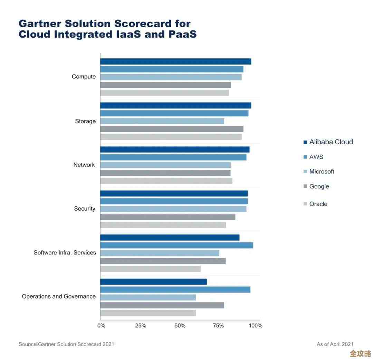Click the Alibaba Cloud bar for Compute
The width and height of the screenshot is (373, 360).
coord(175,61)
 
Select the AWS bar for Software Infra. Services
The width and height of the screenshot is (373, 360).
coord(176,245)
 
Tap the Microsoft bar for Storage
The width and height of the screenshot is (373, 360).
coord(162,121)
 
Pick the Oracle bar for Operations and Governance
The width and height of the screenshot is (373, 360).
coord(148,313)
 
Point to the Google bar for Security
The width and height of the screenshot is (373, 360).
coord(168,217)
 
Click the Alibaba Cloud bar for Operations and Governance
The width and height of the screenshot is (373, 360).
coord(153,282)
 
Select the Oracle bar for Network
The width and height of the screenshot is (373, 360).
coord(166,181)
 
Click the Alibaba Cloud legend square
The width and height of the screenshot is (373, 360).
coord(305,142)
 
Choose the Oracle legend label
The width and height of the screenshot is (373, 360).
coord(318,204)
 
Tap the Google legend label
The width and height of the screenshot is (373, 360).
coord(319,186)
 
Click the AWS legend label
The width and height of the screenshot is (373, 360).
coord(316,157)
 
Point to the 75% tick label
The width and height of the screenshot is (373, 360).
coord(219,325)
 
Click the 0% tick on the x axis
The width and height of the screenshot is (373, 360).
coord(101,325)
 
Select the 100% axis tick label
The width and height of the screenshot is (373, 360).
coord(256,325)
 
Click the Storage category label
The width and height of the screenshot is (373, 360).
coord(85,121)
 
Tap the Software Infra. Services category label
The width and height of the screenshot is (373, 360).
coord(65,253)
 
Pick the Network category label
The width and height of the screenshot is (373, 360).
coord(84,165)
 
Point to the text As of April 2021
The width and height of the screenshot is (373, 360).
coord(335,344)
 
